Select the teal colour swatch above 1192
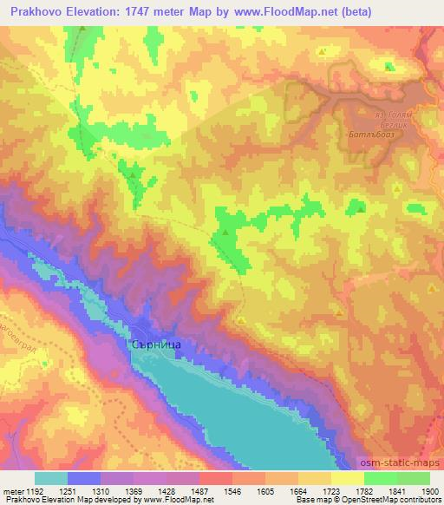(x=51, y=478)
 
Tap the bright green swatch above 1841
(x=380, y=478)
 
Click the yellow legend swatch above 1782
(x=347, y=478)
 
